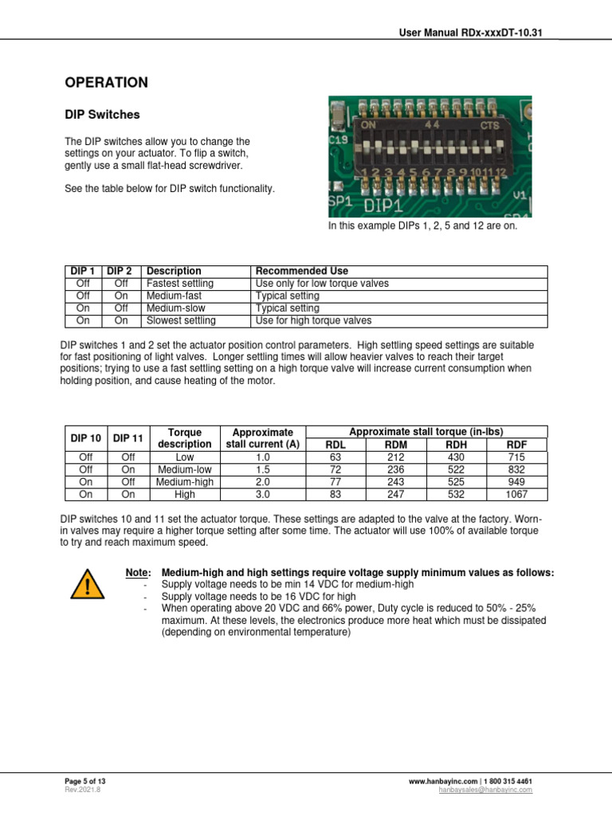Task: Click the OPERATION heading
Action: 106,82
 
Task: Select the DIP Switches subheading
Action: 102,115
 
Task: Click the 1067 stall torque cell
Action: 516,494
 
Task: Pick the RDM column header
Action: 395,445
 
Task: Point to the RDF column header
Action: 516,445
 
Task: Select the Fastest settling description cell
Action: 180,284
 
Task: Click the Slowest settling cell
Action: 181,321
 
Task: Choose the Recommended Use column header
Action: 301,271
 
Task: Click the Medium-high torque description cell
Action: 185,482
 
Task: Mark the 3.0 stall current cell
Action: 263,494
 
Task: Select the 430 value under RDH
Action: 456,457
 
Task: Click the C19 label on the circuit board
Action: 337,140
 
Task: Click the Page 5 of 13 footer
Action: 84,782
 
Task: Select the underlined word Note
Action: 139,573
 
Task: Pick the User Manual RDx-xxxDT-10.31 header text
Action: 476,33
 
